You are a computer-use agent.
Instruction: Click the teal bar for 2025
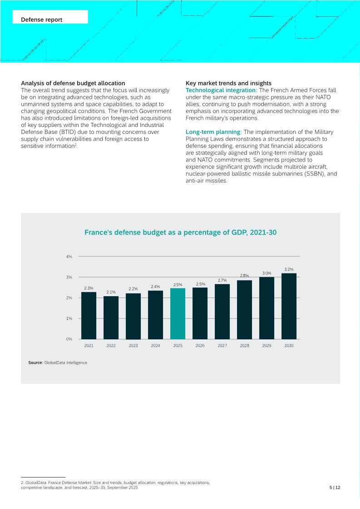coord(178,313)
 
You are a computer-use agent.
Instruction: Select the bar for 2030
coord(289,306)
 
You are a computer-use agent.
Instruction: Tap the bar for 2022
coord(111,318)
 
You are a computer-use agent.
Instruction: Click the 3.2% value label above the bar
coord(289,269)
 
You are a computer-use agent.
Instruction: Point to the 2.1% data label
coord(111,292)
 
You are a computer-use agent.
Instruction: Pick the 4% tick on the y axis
coord(69,257)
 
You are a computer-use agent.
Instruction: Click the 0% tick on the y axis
coord(69,339)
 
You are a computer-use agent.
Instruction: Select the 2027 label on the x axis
coord(222,346)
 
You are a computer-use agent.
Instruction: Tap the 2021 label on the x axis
coord(89,346)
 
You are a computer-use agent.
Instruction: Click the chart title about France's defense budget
coord(180,233)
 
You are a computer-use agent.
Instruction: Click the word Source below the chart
coord(35,363)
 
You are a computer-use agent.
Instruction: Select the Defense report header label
coord(42,20)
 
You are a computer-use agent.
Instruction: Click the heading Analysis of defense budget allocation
coord(73,83)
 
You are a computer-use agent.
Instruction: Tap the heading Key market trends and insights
coord(228,83)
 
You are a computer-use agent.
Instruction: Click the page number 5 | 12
coord(335,488)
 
